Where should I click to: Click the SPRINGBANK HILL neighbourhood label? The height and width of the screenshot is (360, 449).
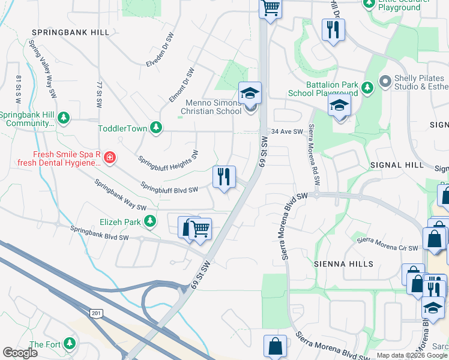tap(70, 32)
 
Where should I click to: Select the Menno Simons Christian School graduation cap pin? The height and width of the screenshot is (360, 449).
tap(250, 94)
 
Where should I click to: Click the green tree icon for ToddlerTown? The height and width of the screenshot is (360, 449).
tap(156, 127)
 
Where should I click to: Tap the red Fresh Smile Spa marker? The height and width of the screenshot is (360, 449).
tap(109, 158)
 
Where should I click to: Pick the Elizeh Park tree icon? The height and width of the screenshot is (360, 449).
tap(149, 222)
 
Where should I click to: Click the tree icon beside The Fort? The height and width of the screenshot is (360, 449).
tap(70, 344)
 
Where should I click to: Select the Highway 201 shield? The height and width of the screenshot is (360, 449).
tap(95, 313)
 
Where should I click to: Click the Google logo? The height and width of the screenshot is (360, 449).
tap(20, 353)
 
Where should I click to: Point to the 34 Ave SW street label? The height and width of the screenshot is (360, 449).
tap(286, 131)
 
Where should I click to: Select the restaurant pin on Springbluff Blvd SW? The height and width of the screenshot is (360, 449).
tap(224, 177)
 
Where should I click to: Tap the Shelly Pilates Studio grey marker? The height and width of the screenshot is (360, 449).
tap(385, 80)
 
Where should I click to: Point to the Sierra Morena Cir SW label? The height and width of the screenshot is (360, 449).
tap(387, 244)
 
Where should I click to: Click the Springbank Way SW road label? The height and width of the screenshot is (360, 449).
tap(120, 194)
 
